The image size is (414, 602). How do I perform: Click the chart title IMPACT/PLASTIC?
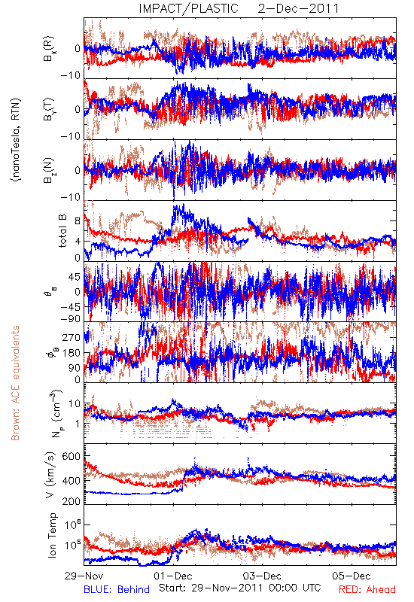tap(189, 8)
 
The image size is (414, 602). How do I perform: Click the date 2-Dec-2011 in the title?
tap(298, 8)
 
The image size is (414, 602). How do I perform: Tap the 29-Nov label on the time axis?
tap(84, 576)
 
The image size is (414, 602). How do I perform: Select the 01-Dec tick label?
tap(173, 576)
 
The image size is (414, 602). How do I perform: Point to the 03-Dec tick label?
tap(262, 576)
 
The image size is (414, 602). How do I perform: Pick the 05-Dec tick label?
tap(352, 576)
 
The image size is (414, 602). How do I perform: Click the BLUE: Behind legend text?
tap(117, 589)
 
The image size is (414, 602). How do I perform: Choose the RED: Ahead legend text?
tap(367, 589)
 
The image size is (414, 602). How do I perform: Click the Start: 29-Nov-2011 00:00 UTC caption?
tap(240, 588)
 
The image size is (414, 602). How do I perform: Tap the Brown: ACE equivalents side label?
tap(15, 383)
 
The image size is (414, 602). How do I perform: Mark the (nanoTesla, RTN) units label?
tap(16, 140)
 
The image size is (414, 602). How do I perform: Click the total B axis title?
tap(62, 231)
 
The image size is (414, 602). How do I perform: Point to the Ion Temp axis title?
tap(52, 535)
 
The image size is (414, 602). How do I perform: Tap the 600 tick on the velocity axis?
tap(71, 457)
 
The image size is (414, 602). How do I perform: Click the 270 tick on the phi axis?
tap(71, 338)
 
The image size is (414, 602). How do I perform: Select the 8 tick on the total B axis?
tap(78, 221)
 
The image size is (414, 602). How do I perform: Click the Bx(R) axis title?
tap(49, 49)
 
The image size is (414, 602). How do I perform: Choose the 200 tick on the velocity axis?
tap(71, 501)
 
